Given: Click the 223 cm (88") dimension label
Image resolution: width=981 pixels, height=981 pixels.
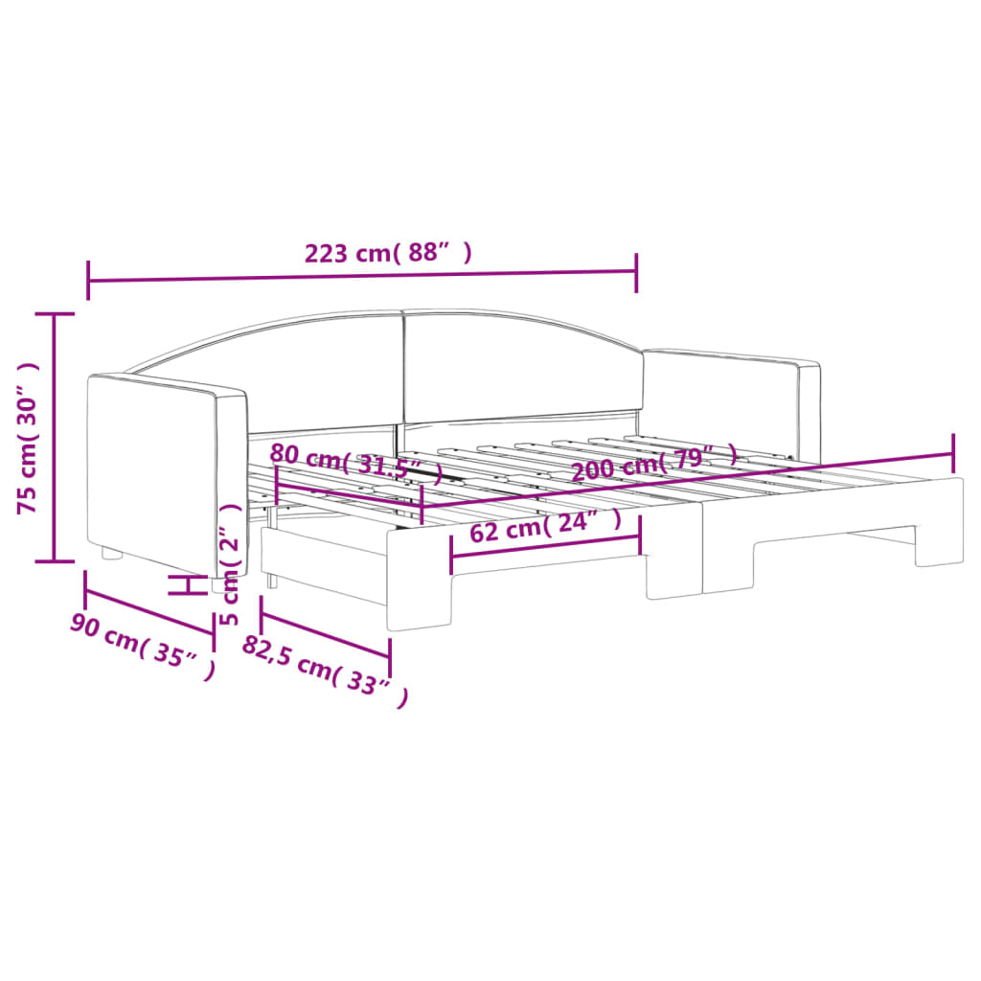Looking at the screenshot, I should pyautogui.click(x=388, y=254).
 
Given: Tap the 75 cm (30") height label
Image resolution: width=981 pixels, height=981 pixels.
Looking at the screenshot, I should pyautogui.click(x=29, y=438).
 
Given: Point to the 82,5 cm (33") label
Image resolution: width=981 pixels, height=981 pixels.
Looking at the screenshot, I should pyautogui.click(x=326, y=671).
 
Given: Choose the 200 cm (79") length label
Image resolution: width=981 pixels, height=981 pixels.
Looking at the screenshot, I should pyautogui.click(x=655, y=463).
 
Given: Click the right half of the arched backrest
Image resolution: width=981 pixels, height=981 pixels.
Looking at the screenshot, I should pyautogui.click(x=517, y=364).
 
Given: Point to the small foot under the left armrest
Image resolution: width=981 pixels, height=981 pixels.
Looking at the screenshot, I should pyautogui.click(x=112, y=554).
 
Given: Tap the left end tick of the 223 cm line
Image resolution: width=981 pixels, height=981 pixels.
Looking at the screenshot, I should pyautogui.click(x=88, y=280).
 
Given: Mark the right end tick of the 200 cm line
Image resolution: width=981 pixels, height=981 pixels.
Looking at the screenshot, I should pyautogui.click(x=953, y=446).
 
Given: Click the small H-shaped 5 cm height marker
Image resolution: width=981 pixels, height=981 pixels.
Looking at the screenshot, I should pyautogui.click(x=189, y=585).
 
